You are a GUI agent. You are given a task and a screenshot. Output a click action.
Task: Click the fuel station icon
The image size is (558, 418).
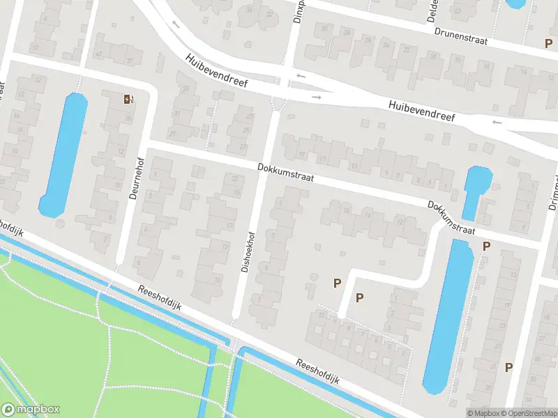128,99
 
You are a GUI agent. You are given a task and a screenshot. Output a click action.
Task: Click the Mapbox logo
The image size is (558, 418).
31,410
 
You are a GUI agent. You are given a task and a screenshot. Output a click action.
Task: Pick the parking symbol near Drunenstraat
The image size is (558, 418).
549,43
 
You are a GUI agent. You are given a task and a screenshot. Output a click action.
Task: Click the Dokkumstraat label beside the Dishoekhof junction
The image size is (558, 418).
285,173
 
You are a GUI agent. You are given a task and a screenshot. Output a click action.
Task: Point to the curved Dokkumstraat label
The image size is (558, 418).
451,218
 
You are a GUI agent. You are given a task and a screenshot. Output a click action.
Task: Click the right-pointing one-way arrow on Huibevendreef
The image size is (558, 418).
316,97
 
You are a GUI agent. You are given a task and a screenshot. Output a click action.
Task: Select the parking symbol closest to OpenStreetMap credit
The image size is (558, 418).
509,367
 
